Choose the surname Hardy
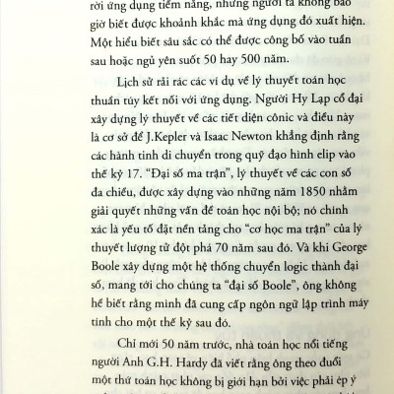coord(175,355)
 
